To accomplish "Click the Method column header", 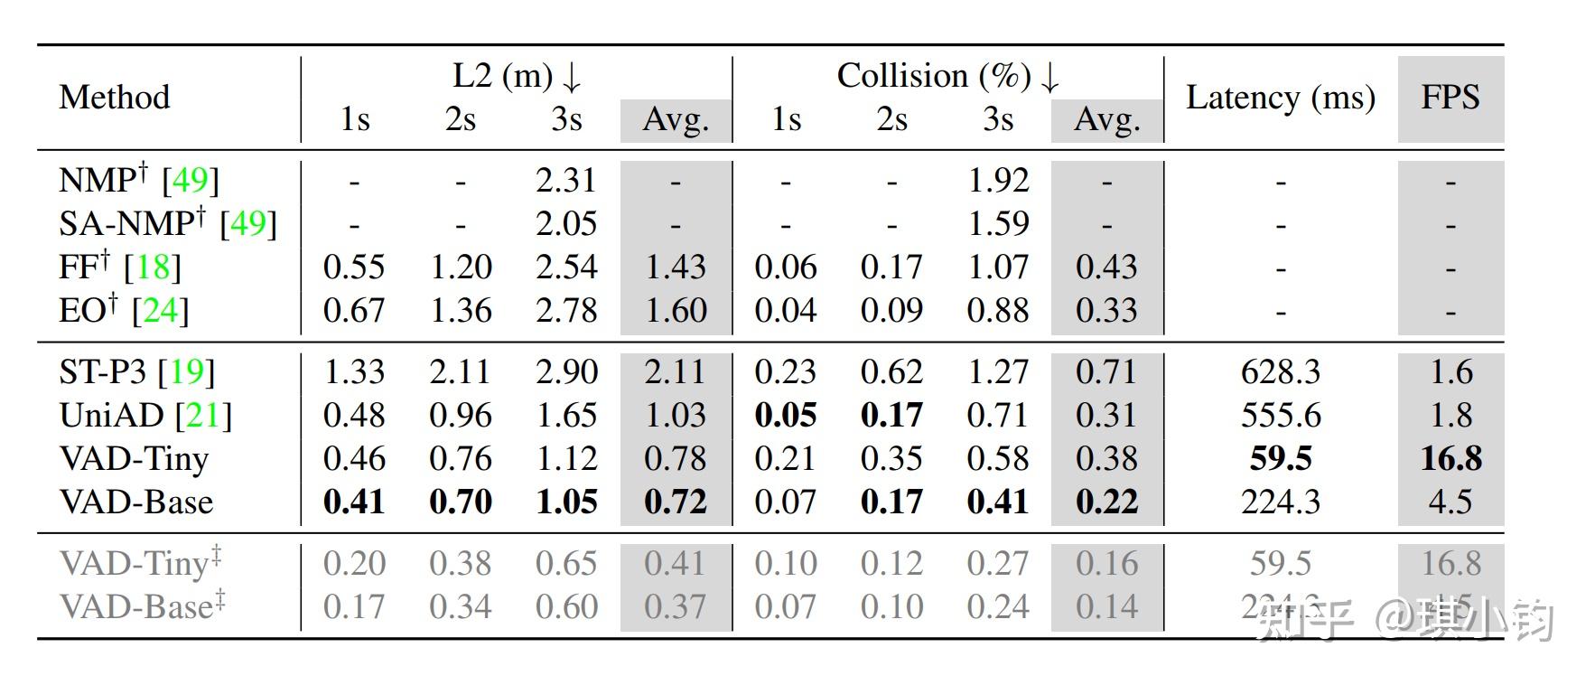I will click(x=114, y=97).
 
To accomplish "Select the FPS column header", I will click(x=1450, y=97).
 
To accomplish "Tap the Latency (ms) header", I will click(x=1280, y=97).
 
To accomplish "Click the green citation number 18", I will click(x=153, y=267).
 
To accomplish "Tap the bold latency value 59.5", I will click(x=1280, y=458).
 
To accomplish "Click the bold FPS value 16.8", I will click(x=1450, y=458).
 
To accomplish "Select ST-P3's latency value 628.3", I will click(x=1280, y=371).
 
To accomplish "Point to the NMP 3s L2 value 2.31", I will click(x=565, y=180).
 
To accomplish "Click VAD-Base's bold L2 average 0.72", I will click(x=675, y=502).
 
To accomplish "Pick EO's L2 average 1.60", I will click(x=675, y=310).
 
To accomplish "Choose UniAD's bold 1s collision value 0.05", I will click(x=785, y=415).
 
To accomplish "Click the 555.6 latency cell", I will click(x=1280, y=415).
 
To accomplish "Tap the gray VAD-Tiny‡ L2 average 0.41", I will click(x=675, y=563).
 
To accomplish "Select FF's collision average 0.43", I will click(x=1106, y=267).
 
